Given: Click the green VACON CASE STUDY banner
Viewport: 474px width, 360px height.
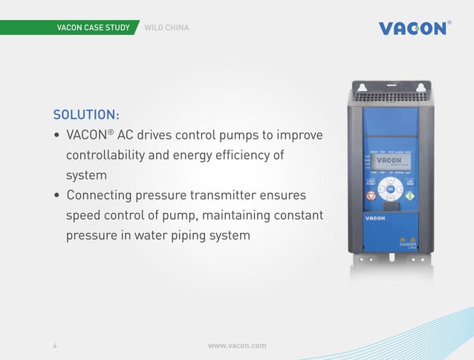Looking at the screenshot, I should [x=94, y=28].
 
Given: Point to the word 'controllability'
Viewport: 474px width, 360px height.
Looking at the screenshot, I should [x=112, y=157].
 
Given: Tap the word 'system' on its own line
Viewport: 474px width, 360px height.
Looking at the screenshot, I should [x=86, y=177].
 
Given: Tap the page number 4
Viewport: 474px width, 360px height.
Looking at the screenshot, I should [x=55, y=345].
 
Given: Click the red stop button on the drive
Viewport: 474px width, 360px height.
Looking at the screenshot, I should [x=371, y=197].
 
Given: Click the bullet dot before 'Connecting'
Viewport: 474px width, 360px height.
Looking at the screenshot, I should [x=56, y=197].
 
